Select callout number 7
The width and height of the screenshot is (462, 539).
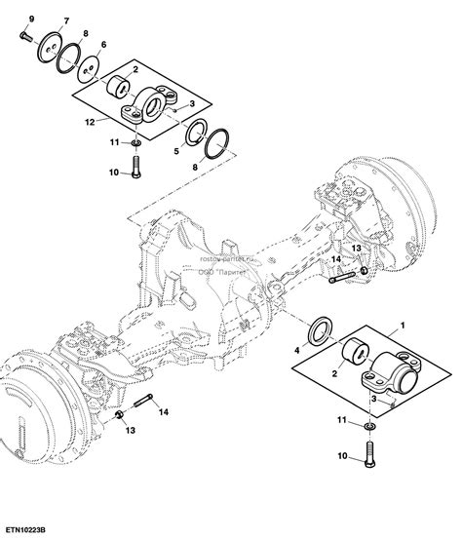[x=65, y=20]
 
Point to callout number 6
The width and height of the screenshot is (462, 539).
[x=103, y=46]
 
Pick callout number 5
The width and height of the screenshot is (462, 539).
[x=176, y=153]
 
